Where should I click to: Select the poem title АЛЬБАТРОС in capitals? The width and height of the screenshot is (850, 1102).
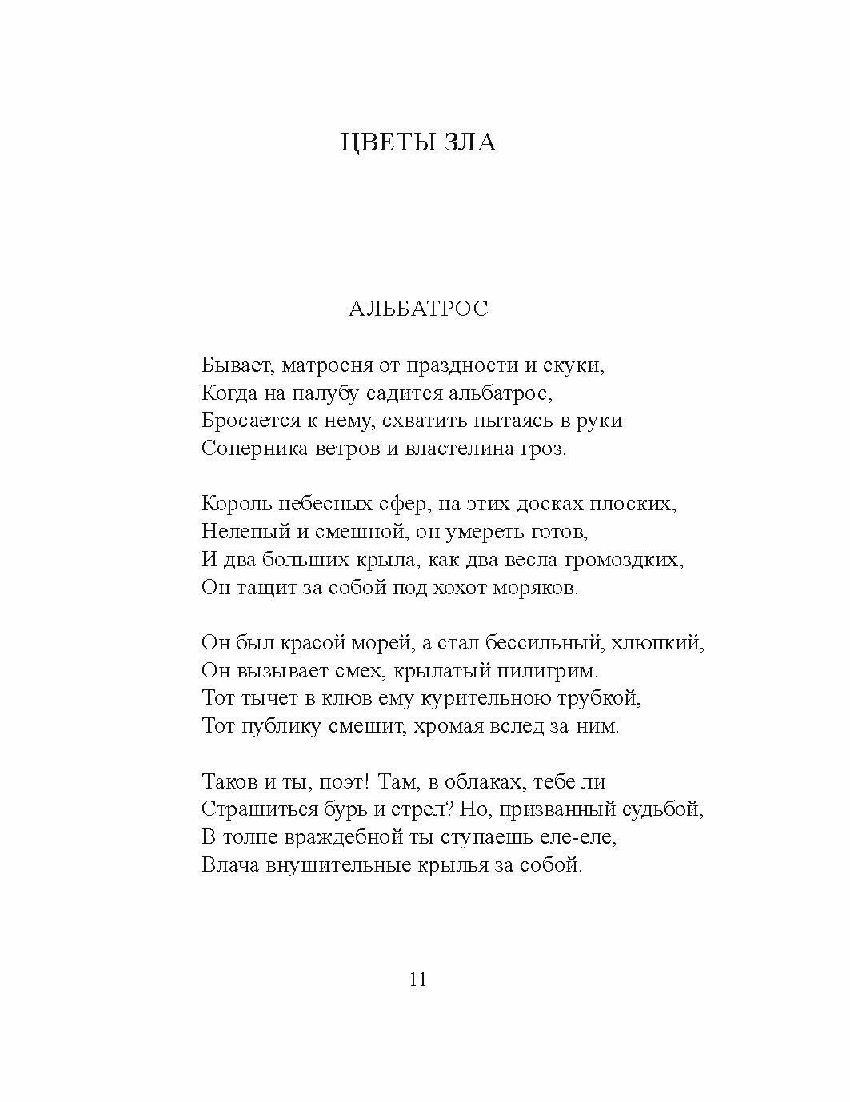pos(418,309)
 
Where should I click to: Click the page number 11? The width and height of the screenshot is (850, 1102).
pos(417,980)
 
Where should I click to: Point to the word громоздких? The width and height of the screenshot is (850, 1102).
pos(624,560)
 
